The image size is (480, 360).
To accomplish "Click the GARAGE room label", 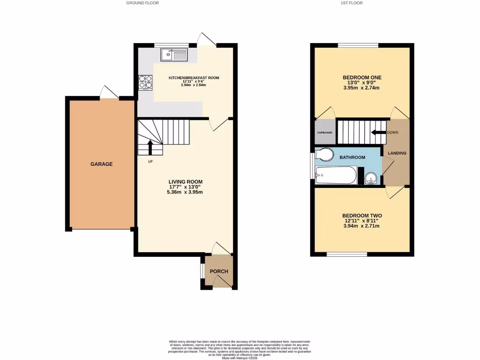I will [x=102, y=164].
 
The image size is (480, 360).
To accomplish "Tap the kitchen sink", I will [x=173, y=55].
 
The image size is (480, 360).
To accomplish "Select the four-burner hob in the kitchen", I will [x=145, y=82].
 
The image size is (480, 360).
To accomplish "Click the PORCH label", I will [x=219, y=271].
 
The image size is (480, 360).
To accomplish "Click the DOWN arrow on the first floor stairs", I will [x=377, y=132].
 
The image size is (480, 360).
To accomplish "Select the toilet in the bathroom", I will [x=324, y=154].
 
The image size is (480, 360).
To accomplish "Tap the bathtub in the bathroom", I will [x=335, y=175].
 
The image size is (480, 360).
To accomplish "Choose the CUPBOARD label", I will [x=324, y=133].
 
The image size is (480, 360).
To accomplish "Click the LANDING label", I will [x=397, y=153].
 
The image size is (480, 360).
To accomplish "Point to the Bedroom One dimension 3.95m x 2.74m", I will [x=362, y=88].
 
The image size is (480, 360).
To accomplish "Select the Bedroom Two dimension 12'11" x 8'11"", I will [x=361, y=220].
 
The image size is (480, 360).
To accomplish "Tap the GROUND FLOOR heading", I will [x=142, y=3].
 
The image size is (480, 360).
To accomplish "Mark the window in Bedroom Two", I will [x=347, y=255].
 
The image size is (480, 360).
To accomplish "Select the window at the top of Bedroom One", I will [x=358, y=45].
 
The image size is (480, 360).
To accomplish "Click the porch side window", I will [x=202, y=271].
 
